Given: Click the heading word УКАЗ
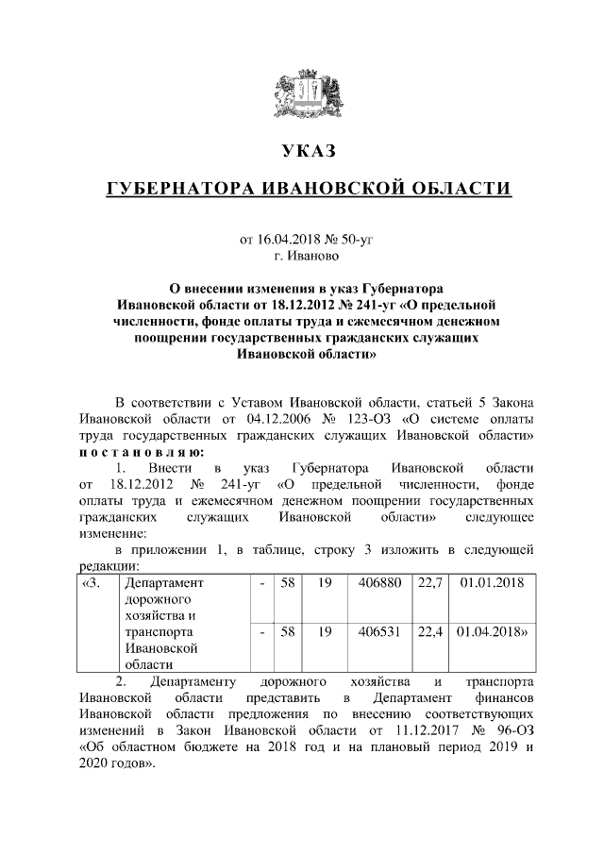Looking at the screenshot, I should (309, 151).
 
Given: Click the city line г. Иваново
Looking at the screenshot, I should (309, 255).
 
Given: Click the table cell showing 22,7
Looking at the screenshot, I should (429, 584).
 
